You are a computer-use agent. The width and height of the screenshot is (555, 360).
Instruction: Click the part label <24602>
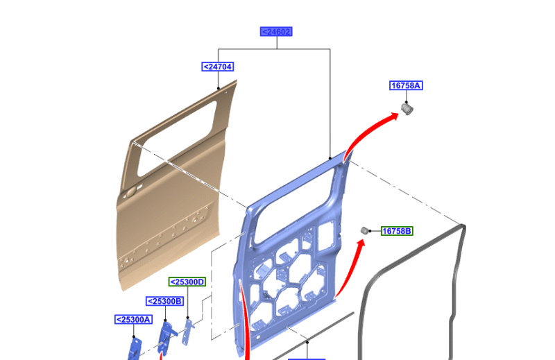pyautogui.click(x=276, y=31)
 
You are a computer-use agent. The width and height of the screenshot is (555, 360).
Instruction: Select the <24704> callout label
pyautogui.click(x=218, y=67)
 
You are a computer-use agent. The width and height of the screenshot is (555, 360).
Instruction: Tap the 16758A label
pyautogui.click(x=406, y=85)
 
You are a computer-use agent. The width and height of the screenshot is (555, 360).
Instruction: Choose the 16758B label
pyautogui.click(x=397, y=230)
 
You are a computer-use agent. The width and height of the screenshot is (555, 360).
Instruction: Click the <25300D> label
pyautogui.click(x=187, y=282)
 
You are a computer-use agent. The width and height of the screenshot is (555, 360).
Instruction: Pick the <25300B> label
pyautogui.click(x=164, y=301)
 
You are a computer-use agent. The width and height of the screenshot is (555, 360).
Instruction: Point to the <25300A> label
pyautogui.click(x=133, y=319)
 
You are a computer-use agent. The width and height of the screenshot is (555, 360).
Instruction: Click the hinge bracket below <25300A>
pyautogui.click(x=136, y=347)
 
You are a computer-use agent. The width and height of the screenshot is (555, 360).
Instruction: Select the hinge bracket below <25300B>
pyautogui.click(x=166, y=336)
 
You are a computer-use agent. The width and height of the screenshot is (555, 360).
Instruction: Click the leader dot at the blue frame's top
pyautogui.click(x=330, y=160)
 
